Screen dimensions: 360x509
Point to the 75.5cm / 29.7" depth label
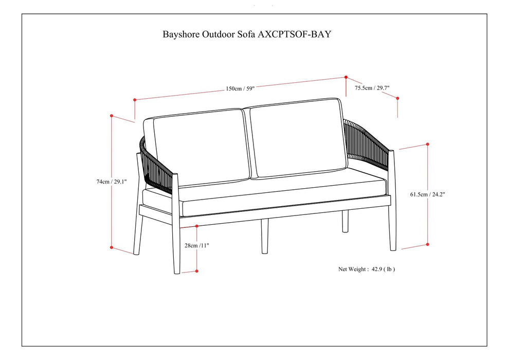point(372,88)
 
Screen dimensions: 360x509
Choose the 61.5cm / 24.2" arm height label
point(427,194)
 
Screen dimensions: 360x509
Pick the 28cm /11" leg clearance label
point(196,245)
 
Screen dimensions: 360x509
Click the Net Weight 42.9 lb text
point(367,269)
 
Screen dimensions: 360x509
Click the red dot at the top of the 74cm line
point(112,116)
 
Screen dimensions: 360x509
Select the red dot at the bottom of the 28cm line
point(197,271)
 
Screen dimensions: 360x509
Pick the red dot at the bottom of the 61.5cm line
point(427,244)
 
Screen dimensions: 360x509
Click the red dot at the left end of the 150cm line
point(134,99)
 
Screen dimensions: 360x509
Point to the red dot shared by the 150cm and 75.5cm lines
point(346,77)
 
